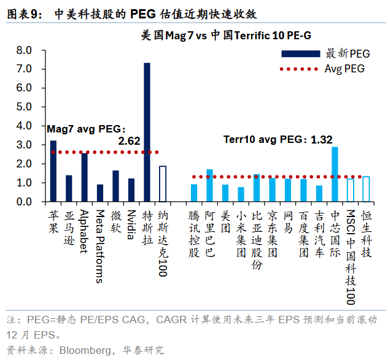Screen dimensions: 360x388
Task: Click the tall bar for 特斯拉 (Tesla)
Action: (x=147, y=132)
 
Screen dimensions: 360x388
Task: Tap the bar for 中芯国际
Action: (x=335, y=174)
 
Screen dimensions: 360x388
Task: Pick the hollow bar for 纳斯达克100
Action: (x=163, y=184)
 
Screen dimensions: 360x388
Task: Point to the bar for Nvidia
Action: (x=131, y=190)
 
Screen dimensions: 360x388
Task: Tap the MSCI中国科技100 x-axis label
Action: (x=351, y=258)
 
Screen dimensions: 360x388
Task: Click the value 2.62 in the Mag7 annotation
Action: (x=130, y=141)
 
